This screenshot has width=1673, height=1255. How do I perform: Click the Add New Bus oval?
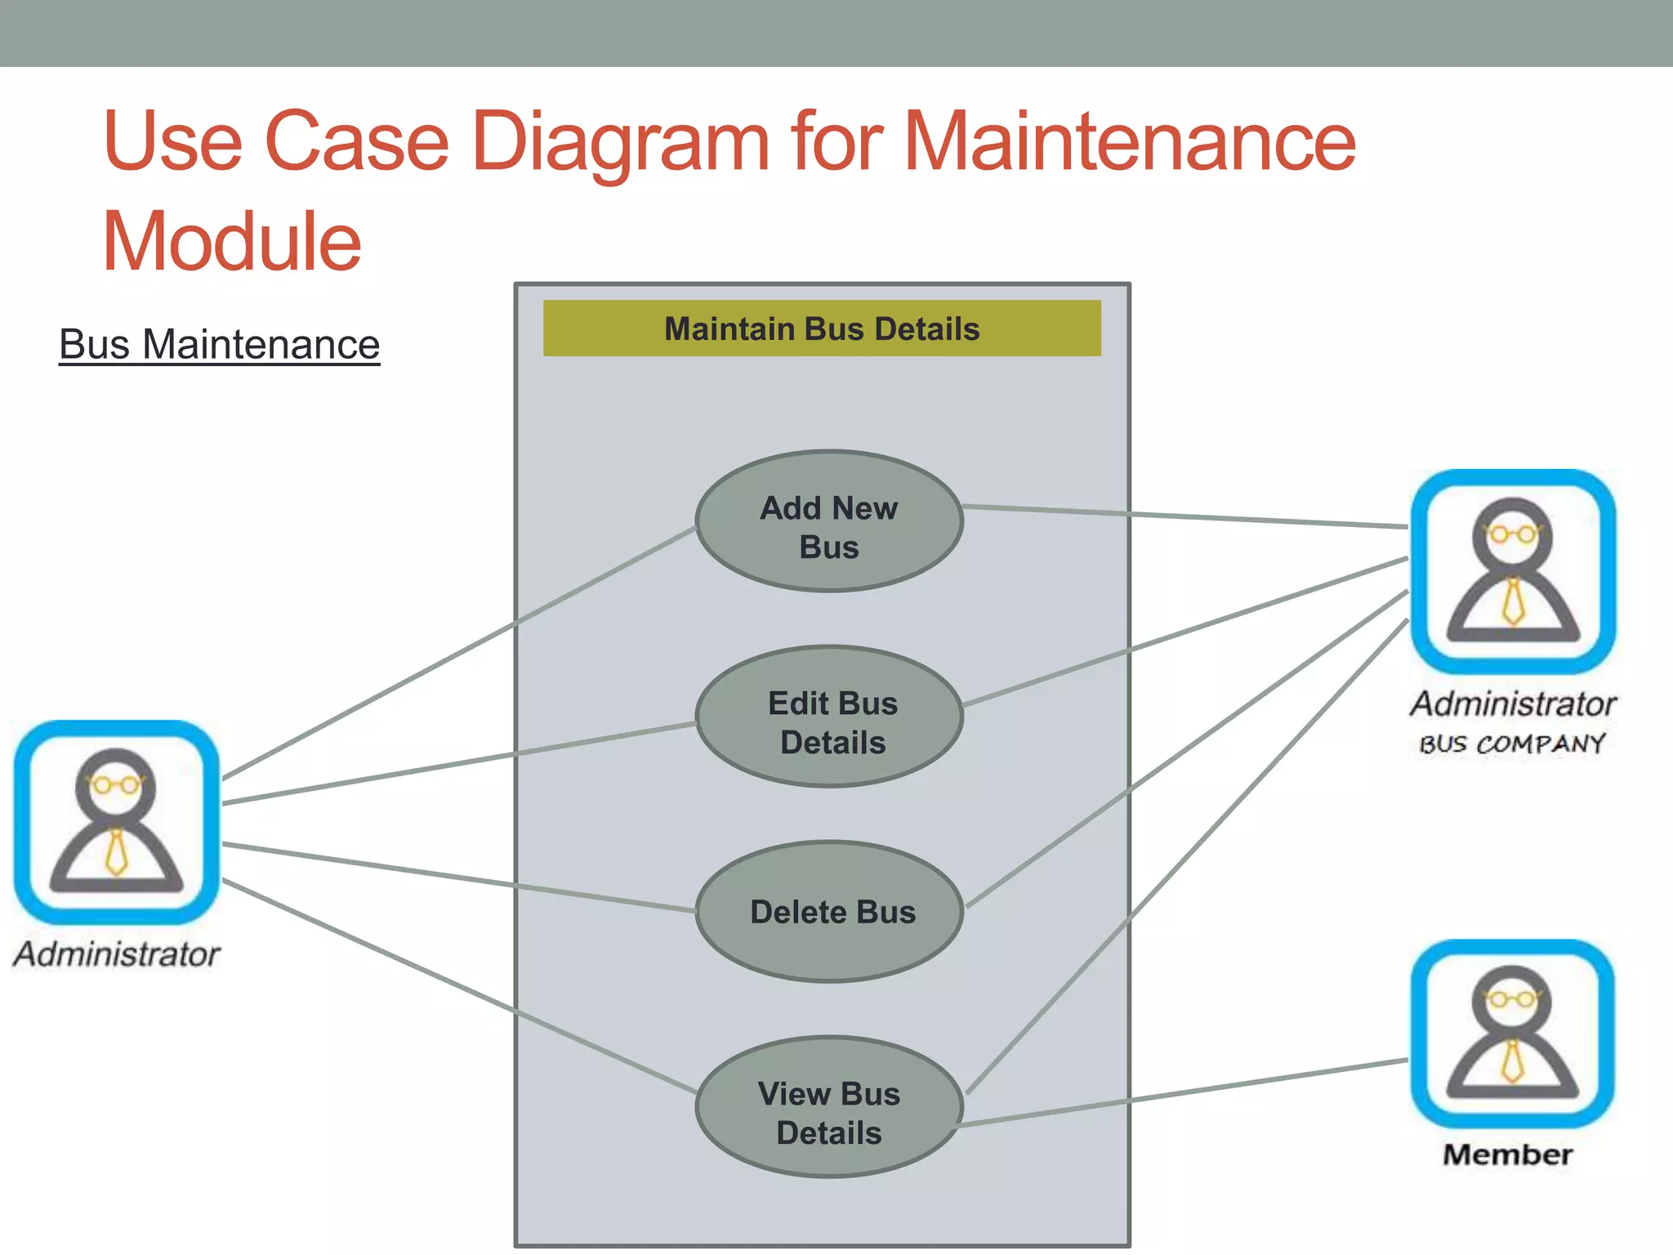(x=828, y=521)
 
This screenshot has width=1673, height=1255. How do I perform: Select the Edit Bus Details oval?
(x=828, y=717)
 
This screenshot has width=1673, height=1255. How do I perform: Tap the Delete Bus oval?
(x=828, y=911)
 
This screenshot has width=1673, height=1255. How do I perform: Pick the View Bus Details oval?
(x=828, y=1107)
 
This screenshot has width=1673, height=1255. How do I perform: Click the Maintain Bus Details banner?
(x=821, y=328)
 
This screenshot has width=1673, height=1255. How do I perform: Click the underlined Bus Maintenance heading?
(x=219, y=344)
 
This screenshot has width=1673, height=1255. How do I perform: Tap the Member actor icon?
(x=1512, y=1034)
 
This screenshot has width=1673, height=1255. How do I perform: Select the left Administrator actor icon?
(x=117, y=821)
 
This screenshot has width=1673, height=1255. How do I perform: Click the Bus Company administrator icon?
(x=1512, y=571)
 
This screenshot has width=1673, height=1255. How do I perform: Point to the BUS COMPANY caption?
(x=1511, y=744)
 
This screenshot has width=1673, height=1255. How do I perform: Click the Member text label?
(x=1507, y=1155)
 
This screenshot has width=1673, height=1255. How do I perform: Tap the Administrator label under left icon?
(x=117, y=954)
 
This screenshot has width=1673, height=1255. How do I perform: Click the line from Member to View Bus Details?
(x=1184, y=1093)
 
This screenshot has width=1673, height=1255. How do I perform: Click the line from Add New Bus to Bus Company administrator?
(x=1184, y=517)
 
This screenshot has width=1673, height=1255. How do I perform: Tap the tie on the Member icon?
(x=1512, y=1061)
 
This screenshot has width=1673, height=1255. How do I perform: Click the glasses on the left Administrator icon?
(x=116, y=785)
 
